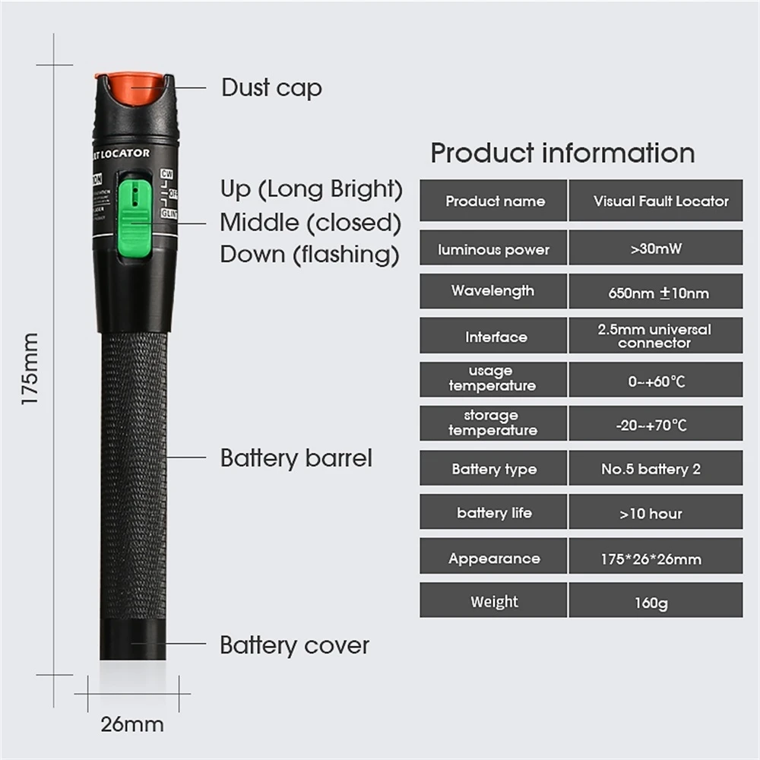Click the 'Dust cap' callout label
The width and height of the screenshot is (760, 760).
tap(271, 87)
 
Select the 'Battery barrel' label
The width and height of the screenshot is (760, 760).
tap(296, 458)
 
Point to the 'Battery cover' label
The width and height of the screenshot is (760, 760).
tap(294, 645)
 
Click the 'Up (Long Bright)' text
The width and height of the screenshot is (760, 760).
tap(311, 188)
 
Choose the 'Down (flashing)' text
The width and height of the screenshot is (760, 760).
tap(309, 254)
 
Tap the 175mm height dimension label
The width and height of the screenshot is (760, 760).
tap(30, 369)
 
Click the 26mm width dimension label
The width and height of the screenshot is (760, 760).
tap(132, 724)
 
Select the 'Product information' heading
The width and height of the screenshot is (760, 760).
tap(562, 153)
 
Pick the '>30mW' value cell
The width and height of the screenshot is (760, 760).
tap(655, 249)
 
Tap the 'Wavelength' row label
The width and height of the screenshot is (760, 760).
tap(492, 290)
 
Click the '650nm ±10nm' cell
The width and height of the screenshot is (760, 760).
tap(655, 293)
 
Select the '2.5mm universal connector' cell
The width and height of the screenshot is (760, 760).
tap(655, 336)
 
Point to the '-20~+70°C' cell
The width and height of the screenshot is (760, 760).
tap(655, 425)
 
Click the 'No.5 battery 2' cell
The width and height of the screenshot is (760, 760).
tap(655, 469)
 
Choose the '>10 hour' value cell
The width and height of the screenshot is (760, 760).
tap(655, 513)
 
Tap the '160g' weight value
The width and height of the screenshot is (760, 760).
tap(655, 603)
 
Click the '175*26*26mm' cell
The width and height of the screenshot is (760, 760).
tap(655, 559)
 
